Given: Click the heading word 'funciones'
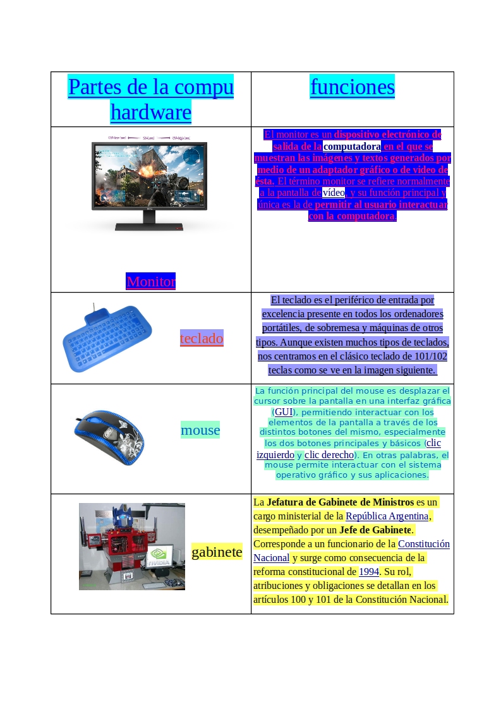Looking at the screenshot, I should point(352,87).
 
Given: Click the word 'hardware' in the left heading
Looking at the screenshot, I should point(150,112).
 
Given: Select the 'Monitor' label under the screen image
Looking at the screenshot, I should point(150,281).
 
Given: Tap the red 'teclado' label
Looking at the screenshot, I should point(202,338).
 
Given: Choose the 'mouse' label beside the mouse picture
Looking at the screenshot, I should point(200,430).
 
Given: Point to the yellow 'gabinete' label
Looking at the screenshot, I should point(217,552).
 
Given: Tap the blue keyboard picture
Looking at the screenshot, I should point(108,337).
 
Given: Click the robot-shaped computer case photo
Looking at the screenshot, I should point(131,546).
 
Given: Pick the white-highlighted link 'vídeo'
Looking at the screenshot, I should point(333,192).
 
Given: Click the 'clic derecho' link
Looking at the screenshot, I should point(329,455).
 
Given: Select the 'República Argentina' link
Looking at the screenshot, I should point(387,516).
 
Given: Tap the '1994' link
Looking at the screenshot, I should point(369,571).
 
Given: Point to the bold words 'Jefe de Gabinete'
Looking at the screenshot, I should point(375,530).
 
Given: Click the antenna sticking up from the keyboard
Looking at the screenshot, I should point(94,309).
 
